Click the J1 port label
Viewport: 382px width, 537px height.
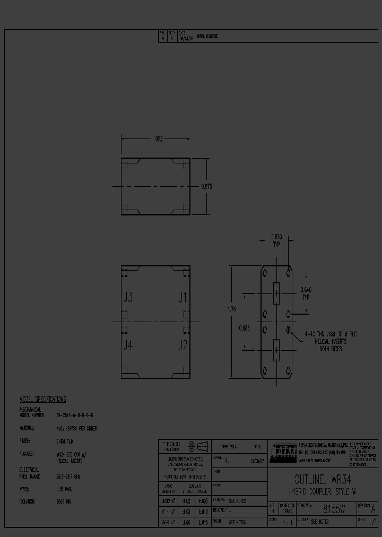(183, 298)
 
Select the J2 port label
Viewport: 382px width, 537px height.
(183, 345)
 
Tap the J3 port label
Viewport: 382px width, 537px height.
(128, 298)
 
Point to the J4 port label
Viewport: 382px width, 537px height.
(128, 345)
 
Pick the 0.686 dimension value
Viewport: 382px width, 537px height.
(244, 327)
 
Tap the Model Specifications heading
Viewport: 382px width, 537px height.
(42, 400)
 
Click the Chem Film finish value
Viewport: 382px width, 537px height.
(65, 441)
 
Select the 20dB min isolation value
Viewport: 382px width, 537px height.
(65, 501)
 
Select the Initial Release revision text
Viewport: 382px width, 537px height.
(207, 37)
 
